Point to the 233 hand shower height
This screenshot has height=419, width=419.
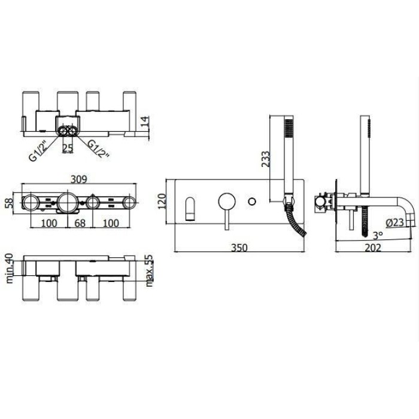point(265,158)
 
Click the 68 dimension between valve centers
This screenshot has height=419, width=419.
point(80,223)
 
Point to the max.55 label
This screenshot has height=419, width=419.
point(150,270)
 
